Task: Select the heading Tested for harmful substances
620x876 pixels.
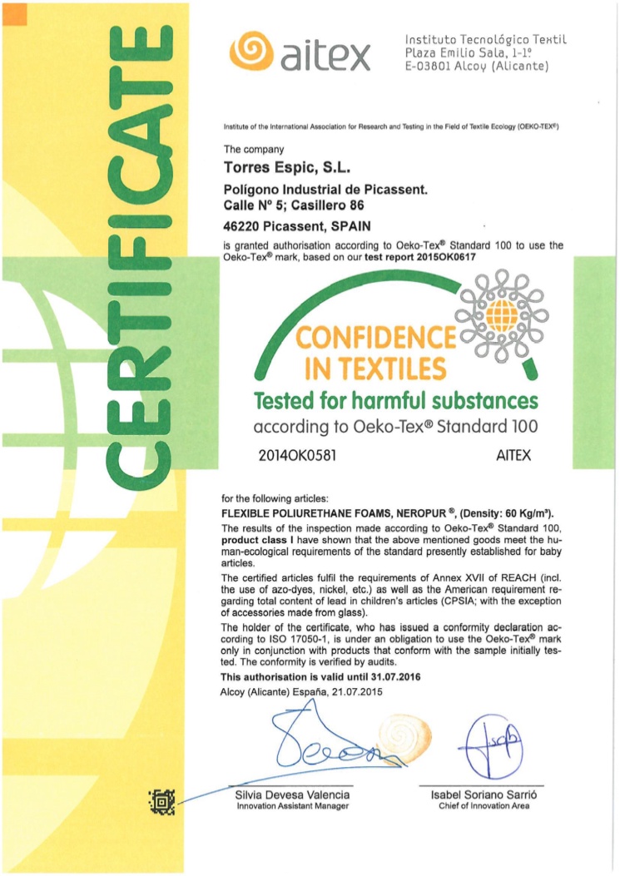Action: pyautogui.click(x=396, y=400)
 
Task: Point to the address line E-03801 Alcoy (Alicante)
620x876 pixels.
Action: pyautogui.click(x=475, y=68)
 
